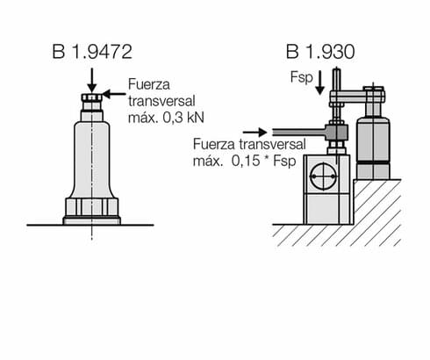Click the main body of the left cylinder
point(92,158)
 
